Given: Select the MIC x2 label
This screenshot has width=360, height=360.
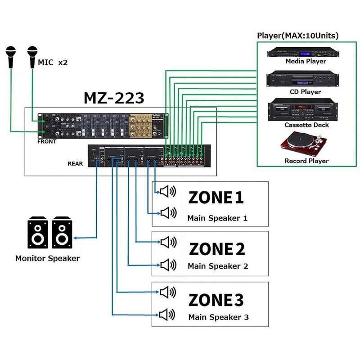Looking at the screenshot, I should tap(53, 63).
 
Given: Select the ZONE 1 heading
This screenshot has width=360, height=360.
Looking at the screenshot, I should tap(216, 198).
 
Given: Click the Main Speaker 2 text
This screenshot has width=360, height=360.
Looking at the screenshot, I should tap(218, 266).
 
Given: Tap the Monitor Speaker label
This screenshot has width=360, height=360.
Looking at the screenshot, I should tap(47, 258).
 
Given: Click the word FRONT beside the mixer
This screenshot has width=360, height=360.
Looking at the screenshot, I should tap(47, 141).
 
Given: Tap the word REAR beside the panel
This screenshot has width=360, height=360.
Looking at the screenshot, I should tap(75, 163).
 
